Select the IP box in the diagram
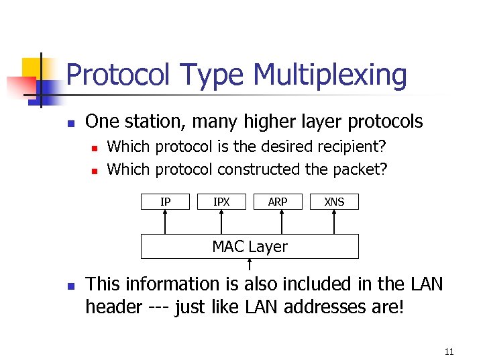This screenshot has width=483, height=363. point(165,202)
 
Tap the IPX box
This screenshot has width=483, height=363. point(221,202)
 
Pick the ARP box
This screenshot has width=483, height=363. point(278,202)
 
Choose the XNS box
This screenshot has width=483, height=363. point(334,202)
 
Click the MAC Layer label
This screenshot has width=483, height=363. point(250,247)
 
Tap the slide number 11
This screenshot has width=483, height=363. point(449,352)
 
